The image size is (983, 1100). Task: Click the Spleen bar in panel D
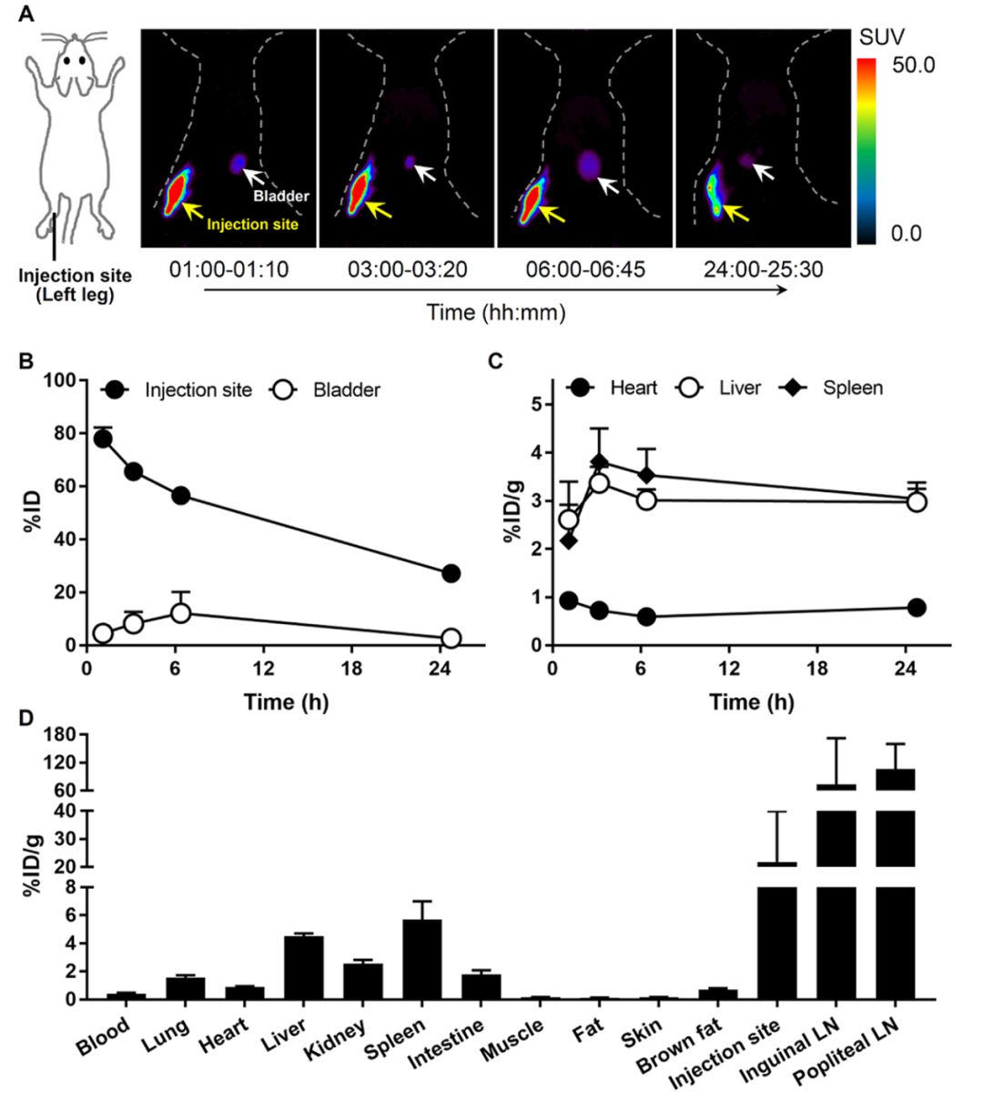coord(421,959)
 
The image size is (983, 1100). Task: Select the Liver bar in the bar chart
coord(304,967)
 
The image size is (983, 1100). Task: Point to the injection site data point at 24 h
coord(451,573)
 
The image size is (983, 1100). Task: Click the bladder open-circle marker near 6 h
coord(180,613)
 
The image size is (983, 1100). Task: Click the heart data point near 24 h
coord(917,608)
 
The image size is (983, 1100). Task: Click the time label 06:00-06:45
coord(585,270)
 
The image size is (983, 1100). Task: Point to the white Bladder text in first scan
coord(280,196)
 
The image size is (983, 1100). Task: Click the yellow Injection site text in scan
coord(251,224)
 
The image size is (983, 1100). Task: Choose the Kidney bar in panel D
coord(363,981)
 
